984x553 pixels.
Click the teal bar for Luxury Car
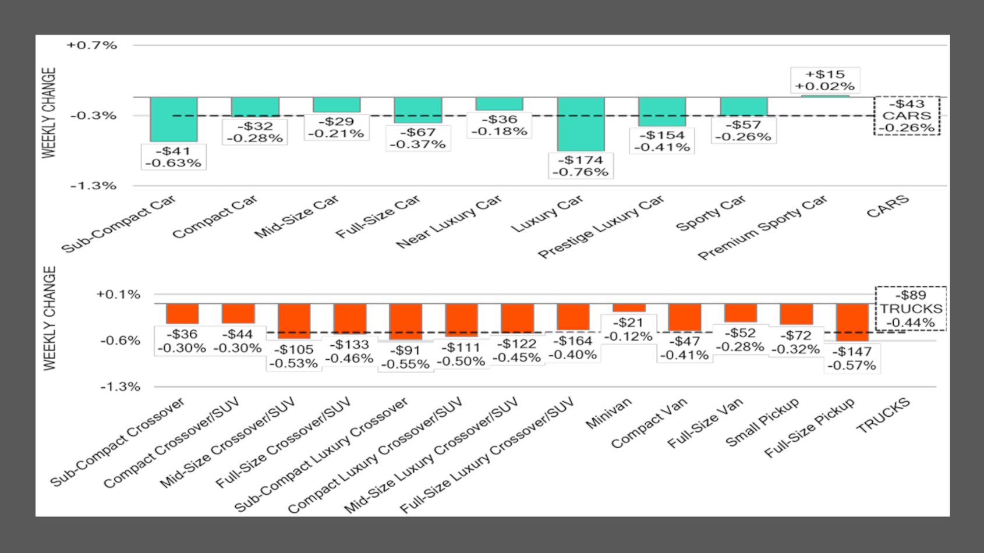(x=581, y=124)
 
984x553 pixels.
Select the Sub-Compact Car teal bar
(x=174, y=119)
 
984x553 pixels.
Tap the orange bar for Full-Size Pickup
(x=852, y=322)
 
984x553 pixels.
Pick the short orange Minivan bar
(x=629, y=307)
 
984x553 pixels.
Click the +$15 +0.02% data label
(x=825, y=80)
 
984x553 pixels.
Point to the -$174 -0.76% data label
(x=581, y=166)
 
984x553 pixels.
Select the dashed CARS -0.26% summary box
(x=907, y=116)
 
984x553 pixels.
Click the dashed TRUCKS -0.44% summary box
(x=911, y=309)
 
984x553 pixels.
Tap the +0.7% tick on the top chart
(x=92, y=45)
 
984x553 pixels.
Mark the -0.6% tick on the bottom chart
(x=120, y=341)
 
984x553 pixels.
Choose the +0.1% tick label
(x=119, y=295)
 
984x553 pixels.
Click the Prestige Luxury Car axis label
(x=600, y=228)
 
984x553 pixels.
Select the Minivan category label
(x=608, y=413)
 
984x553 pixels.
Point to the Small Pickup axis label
(x=762, y=422)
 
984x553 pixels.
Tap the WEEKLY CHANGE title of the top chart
(x=49, y=112)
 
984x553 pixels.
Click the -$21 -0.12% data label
(x=628, y=329)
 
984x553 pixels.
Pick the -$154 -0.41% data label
(x=662, y=141)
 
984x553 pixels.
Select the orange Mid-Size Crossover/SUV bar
(x=294, y=321)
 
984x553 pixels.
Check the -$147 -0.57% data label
(x=851, y=359)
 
